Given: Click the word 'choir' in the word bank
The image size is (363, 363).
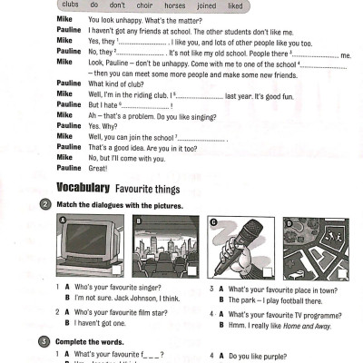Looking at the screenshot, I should [139, 5].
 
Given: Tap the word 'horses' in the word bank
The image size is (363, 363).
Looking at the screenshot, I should [174, 5].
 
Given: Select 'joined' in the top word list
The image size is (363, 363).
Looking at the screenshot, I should [208, 5].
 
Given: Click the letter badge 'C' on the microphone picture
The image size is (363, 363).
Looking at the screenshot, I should [212, 222].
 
